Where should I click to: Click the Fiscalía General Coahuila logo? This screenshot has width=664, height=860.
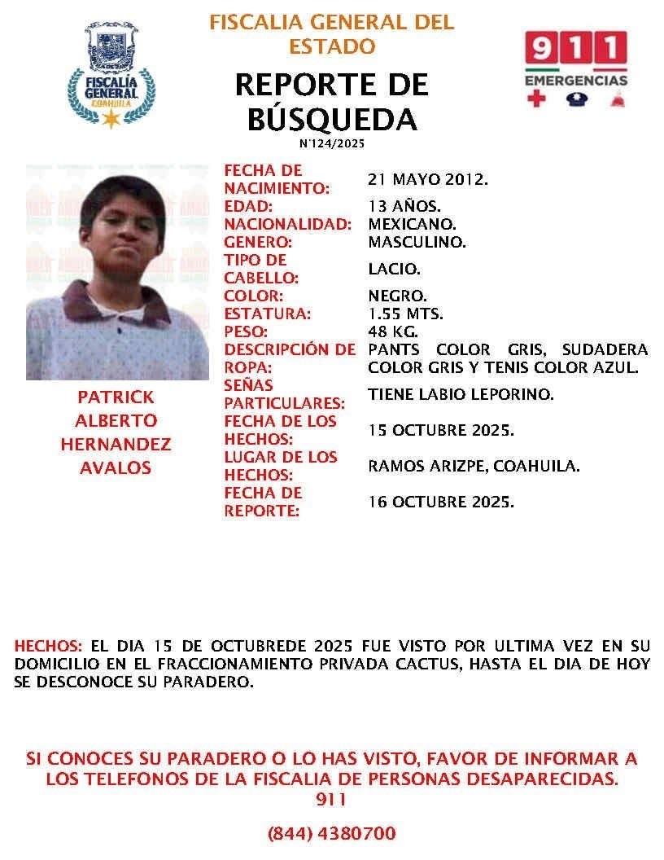(x=111, y=75)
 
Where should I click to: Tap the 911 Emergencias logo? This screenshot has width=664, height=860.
(x=575, y=70)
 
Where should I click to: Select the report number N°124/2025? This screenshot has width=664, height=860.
(x=331, y=143)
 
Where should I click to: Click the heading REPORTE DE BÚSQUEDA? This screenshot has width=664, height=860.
(x=331, y=101)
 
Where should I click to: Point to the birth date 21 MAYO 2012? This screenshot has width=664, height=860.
(x=428, y=179)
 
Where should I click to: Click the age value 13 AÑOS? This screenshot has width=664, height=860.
(x=404, y=206)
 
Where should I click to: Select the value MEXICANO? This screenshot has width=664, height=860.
(x=412, y=224)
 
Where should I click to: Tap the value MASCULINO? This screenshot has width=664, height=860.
(x=417, y=242)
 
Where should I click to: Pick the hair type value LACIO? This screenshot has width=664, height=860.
(x=395, y=269)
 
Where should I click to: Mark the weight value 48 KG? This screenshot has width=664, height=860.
(x=394, y=331)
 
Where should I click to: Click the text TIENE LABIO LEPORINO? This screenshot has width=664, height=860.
(x=461, y=394)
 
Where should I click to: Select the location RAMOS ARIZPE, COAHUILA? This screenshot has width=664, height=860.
(x=474, y=466)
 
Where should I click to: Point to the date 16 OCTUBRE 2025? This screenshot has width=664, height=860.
(x=441, y=502)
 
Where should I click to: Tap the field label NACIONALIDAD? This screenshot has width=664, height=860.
(x=288, y=224)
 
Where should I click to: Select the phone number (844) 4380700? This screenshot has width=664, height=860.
(x=331, y=833)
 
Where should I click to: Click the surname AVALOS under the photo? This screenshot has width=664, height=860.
(x=115, y=468)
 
